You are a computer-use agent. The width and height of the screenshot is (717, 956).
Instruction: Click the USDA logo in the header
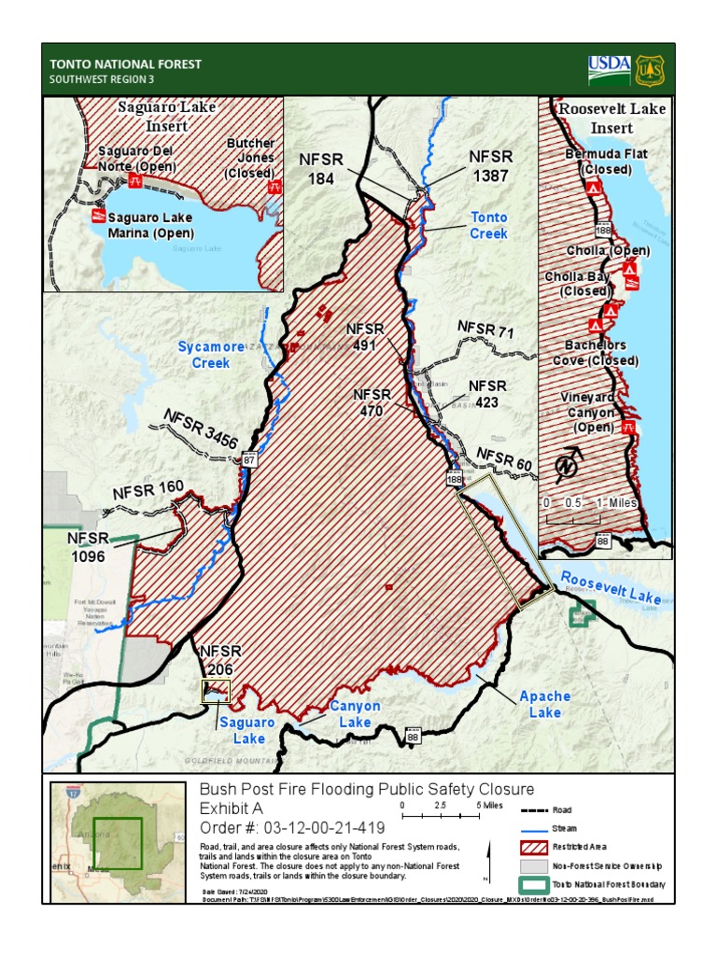pos(609,69)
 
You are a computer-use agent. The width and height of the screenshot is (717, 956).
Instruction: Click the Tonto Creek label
pos(488,225)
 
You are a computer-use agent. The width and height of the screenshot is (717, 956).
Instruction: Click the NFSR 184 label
pos(321,168)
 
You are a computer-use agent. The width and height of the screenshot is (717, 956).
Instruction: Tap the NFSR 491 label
pos(365,337)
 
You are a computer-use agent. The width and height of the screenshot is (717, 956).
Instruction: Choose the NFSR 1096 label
pos(88,547)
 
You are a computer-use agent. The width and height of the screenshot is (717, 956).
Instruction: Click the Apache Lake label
pos(545,705)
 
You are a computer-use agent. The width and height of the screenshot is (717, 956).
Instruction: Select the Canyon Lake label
pos(355,714)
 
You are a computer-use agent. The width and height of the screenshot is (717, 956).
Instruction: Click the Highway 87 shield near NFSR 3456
pos(249,458)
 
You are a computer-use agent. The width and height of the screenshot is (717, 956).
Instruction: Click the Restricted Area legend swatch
pos(530,847)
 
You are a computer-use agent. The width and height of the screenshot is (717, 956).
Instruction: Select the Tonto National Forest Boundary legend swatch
pos(530,883)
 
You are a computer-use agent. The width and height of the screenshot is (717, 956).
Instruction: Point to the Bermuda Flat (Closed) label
pos(605,162)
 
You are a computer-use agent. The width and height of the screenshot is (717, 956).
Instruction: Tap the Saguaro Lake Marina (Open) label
pos(149,225)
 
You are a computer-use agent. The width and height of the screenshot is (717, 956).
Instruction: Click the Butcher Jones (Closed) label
pos(250,158)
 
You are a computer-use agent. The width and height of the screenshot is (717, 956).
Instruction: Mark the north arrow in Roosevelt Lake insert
pos(569,462)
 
